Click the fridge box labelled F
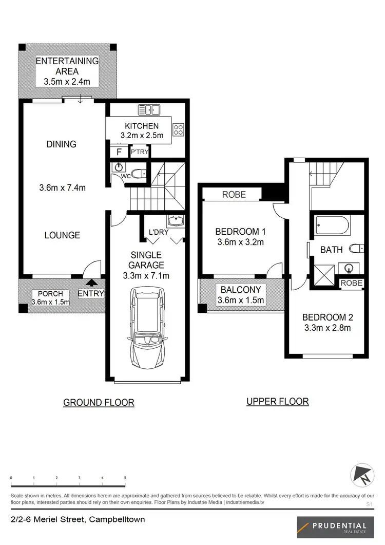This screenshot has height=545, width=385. pos(119,152)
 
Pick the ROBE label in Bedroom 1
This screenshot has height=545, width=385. pos(234,195)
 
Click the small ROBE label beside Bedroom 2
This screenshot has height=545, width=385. pos(352,283)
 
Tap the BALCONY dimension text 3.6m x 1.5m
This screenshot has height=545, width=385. pos(241,300)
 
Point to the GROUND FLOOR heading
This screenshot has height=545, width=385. pos(99,403)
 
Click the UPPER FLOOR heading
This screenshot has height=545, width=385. pos(278,401)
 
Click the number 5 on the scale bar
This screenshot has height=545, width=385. pos(125,478)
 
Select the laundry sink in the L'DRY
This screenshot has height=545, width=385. pos(176,221)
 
